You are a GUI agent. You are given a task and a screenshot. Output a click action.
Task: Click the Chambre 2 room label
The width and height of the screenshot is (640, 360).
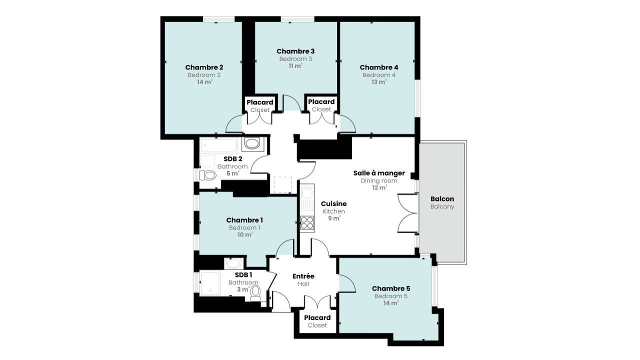pos(204,67)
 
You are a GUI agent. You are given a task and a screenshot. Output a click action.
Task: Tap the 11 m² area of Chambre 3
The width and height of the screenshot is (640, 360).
pos(295,66)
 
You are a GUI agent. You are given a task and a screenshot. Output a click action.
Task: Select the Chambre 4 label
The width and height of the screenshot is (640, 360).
pos(379,67)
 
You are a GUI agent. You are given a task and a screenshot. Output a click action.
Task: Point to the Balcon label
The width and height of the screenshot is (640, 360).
pos(442,199)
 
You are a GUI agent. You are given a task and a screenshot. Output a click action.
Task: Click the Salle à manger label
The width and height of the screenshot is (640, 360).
pos(379,173)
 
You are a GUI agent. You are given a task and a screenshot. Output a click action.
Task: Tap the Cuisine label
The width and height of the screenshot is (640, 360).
pos(333,203)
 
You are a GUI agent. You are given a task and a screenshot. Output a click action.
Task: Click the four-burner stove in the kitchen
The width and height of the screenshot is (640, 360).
pos(307,223)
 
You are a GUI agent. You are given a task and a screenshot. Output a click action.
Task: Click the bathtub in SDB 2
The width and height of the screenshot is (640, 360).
pos(219,145)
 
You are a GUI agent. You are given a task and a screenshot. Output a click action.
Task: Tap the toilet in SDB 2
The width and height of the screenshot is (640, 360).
pos(207,175)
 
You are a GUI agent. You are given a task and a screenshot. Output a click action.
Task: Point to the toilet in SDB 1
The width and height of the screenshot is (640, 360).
pos(255,293)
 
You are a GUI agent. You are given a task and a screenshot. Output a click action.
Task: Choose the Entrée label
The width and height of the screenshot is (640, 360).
pos(303,276)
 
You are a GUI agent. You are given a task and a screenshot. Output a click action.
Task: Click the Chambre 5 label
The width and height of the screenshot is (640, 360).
pos(391,288)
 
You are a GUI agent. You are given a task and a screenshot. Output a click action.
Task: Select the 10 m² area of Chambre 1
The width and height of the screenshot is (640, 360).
pos(245,234)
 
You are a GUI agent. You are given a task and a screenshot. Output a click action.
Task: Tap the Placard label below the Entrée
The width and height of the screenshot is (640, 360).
pos(317,317)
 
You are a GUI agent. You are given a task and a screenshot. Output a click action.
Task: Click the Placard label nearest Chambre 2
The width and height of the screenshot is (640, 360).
pos(259,102)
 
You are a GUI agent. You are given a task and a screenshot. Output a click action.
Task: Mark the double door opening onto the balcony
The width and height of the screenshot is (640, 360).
pos(408,213)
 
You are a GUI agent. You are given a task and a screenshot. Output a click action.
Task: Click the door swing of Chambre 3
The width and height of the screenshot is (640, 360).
pos(291,103)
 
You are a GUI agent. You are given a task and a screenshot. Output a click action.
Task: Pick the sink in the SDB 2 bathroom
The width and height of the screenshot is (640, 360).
pos(252,143)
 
